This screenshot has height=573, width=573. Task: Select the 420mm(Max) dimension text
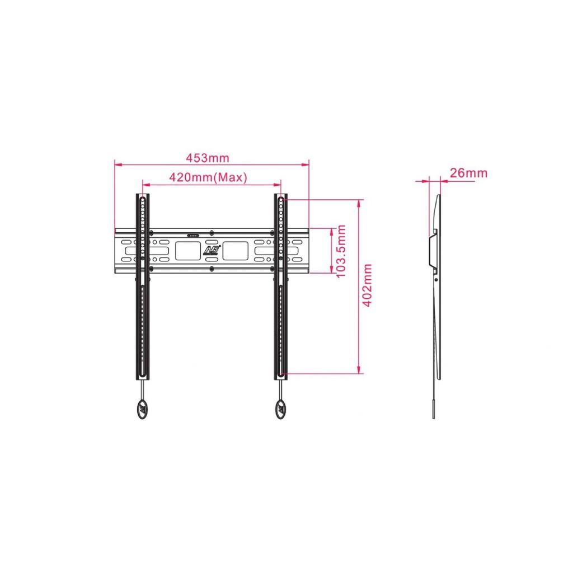tap(208, 177)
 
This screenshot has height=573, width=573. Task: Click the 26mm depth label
tap(468, 173)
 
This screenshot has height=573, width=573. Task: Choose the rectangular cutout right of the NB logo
tap(236, 250)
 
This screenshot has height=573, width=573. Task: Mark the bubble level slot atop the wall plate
tap(192, 236)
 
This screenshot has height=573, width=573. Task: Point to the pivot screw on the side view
tap(436, 278)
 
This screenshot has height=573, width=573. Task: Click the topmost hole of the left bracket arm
tap(143, 199)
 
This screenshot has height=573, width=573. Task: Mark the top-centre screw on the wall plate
tap(212, 232)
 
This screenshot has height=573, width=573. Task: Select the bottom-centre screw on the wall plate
tap(212, 269)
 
